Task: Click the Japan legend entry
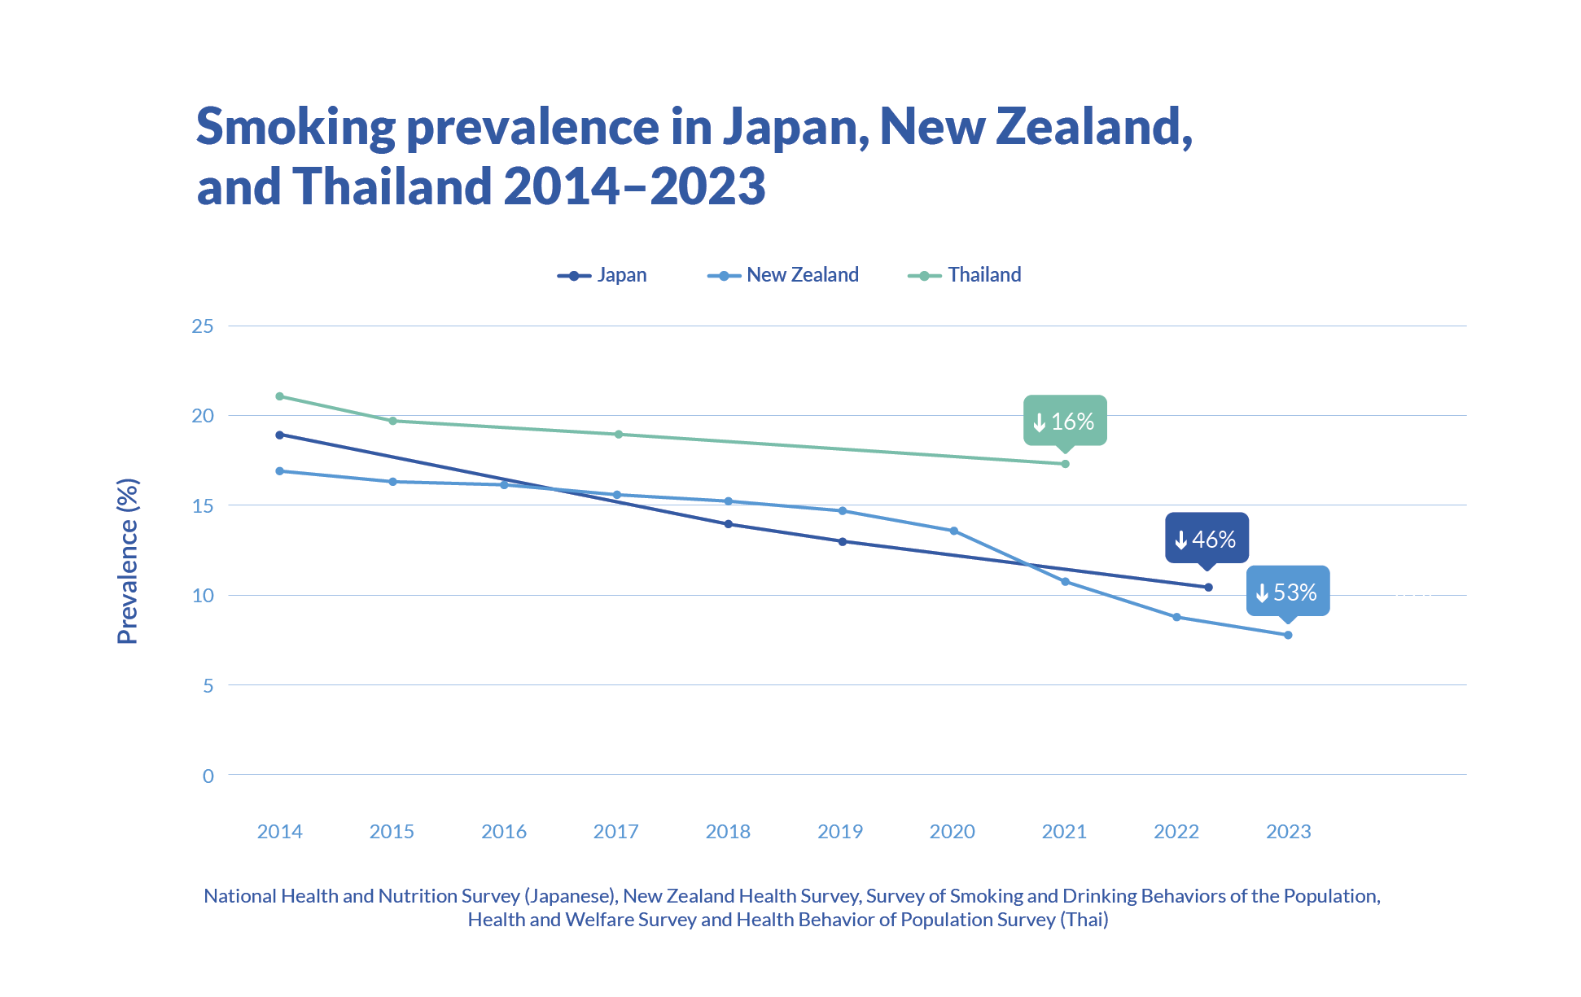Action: click(603, 275)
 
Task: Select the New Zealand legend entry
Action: click(784, 275)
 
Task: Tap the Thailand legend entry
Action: click(966, 275)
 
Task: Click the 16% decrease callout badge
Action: click(1065, 421)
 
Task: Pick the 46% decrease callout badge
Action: click(1207, 539)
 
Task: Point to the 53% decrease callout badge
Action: click(1288, 592)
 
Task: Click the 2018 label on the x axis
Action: click(728, 831)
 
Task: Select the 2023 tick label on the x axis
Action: click(1288, 831)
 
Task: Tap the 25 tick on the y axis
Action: click(203, 326)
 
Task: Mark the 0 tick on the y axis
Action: click(208, 776)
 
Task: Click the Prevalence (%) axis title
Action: click(128, 562)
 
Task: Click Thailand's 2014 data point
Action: click(280, 396)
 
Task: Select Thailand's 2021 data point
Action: click(1065, 464)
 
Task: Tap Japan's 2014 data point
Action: click(280, 435)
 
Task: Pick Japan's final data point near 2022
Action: click(1208, 587)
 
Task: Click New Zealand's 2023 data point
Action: click(1288, 635)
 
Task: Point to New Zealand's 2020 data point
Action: click(954, 531)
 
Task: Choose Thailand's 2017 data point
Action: click(619, 434)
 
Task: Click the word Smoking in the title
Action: click(296, 127)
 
